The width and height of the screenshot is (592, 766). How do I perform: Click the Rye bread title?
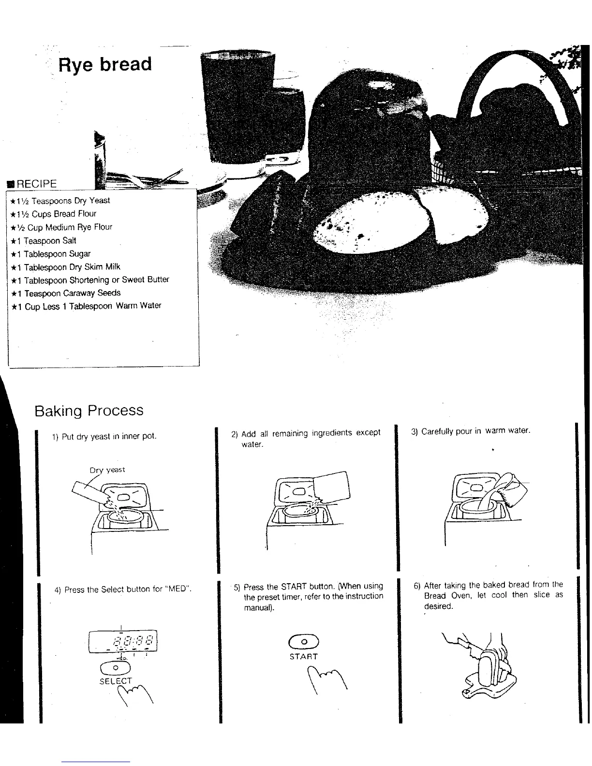[x=104, y=64]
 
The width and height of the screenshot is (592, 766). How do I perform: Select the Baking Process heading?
[x=89, y=411]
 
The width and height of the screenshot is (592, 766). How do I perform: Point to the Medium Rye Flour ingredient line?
[x=61, y=227]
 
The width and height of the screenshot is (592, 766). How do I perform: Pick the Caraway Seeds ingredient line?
[x=66, y=293]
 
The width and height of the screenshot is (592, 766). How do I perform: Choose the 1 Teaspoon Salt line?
[x=44, y=241]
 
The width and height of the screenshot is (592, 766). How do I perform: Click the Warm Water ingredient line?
[x=87, y=306]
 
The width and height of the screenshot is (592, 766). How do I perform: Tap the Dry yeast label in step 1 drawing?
[x=107, y=470]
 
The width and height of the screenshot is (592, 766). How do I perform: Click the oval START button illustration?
[x=303, y=641]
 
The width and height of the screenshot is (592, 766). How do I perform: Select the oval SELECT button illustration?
[x=116, y=667]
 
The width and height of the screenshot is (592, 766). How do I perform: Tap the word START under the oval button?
[x=303, y=657]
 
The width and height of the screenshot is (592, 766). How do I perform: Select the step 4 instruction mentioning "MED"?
[x=123, y=589]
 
